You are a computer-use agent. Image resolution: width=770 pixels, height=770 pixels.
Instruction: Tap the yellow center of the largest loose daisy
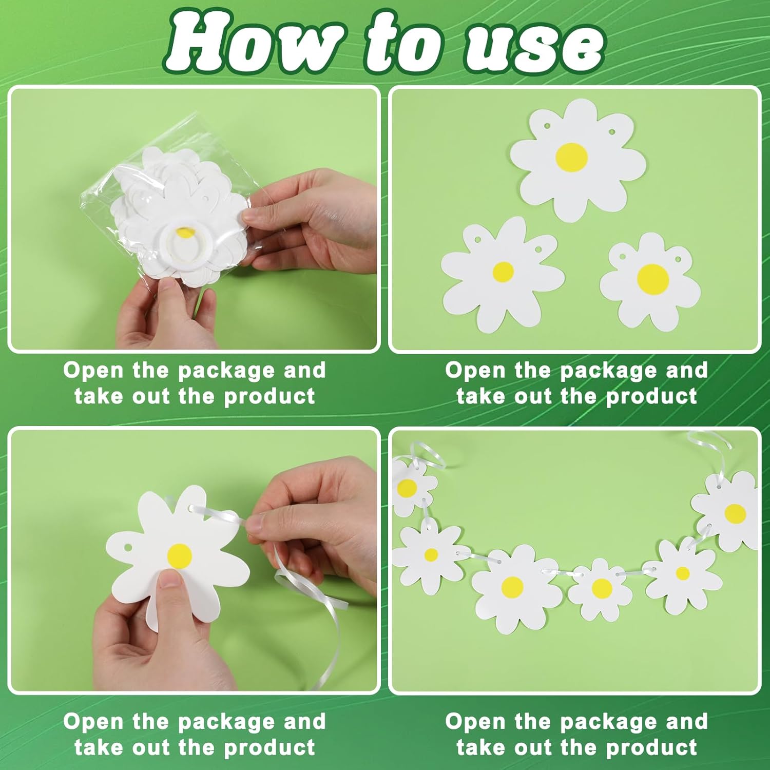tap(572, 155)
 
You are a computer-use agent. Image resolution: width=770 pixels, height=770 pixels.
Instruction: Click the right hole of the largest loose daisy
tap(612, 132)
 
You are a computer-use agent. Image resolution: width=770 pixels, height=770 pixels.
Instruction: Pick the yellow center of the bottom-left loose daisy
tap(503, 272)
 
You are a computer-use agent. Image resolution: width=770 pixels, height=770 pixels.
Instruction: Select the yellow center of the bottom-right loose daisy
tap(653, 278)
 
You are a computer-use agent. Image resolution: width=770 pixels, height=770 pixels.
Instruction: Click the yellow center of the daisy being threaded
tap(180, 555)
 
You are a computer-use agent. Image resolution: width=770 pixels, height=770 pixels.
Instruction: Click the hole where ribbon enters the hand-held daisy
tap(193, 508)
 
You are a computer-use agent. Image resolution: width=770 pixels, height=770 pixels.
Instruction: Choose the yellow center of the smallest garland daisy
tap(601, 588)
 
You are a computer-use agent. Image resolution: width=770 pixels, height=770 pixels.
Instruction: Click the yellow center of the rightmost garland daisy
tap(735, 512)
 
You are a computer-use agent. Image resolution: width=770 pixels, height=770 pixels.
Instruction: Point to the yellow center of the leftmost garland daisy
tap(407, 488)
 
